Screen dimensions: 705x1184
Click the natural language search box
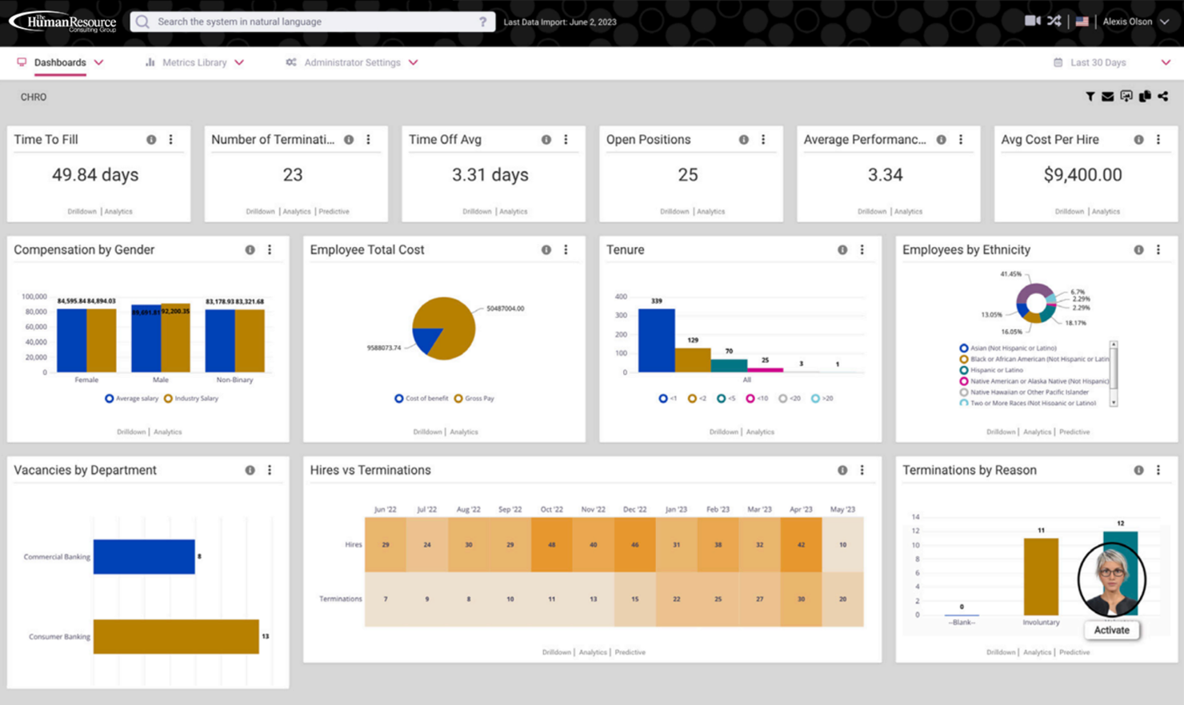pyautogui.click(x=312, y=22)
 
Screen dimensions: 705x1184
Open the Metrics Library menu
pyautogui.click(x=194, y=62)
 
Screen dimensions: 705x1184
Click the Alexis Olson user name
pyautogui.click(x=1127, y=22)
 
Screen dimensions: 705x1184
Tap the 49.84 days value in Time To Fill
pyautogui.click(x=95, y=174)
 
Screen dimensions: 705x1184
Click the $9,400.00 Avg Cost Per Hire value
pyautogui.click(x=1082, y=174)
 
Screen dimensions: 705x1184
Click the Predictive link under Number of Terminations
pyautogui.click(x=334, y=212)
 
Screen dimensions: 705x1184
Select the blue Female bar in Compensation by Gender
pyautogui.click(x=71, y=341)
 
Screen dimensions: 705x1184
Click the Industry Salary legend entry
pyautogui.click(x=191, y=398)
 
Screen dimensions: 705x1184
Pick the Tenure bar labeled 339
pyautogui.click(x=656, y=341)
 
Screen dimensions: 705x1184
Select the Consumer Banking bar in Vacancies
pyautogui.click(x=176, y=636)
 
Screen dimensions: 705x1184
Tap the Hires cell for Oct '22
pyautogui.click(x=551, y=544)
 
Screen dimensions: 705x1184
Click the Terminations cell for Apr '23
pyautogui.click(x=801, y=599)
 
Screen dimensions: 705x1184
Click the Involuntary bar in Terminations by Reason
pyautogui.click(x=1041, y=576)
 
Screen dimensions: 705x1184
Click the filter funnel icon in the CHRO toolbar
pyautogui.click(x=1090, y=97)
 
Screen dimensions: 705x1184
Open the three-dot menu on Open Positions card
pyautogui.click(x=763, y=140)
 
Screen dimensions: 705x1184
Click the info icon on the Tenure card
pyautogui.click(x=842, y=250)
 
